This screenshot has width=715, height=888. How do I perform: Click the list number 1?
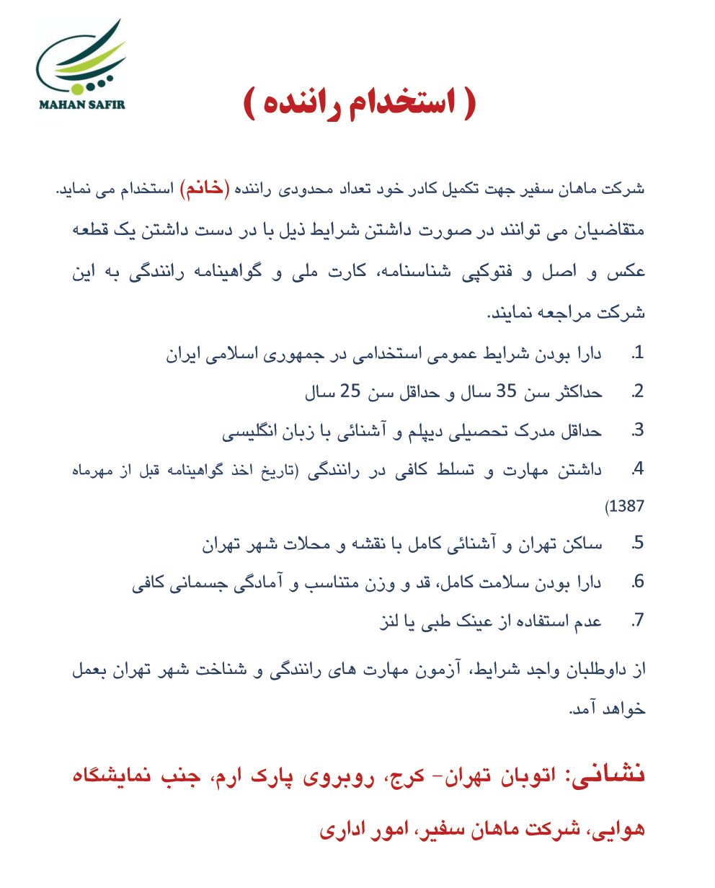636,355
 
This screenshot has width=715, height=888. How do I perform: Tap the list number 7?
636,621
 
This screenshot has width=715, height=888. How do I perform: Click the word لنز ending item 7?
390,621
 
